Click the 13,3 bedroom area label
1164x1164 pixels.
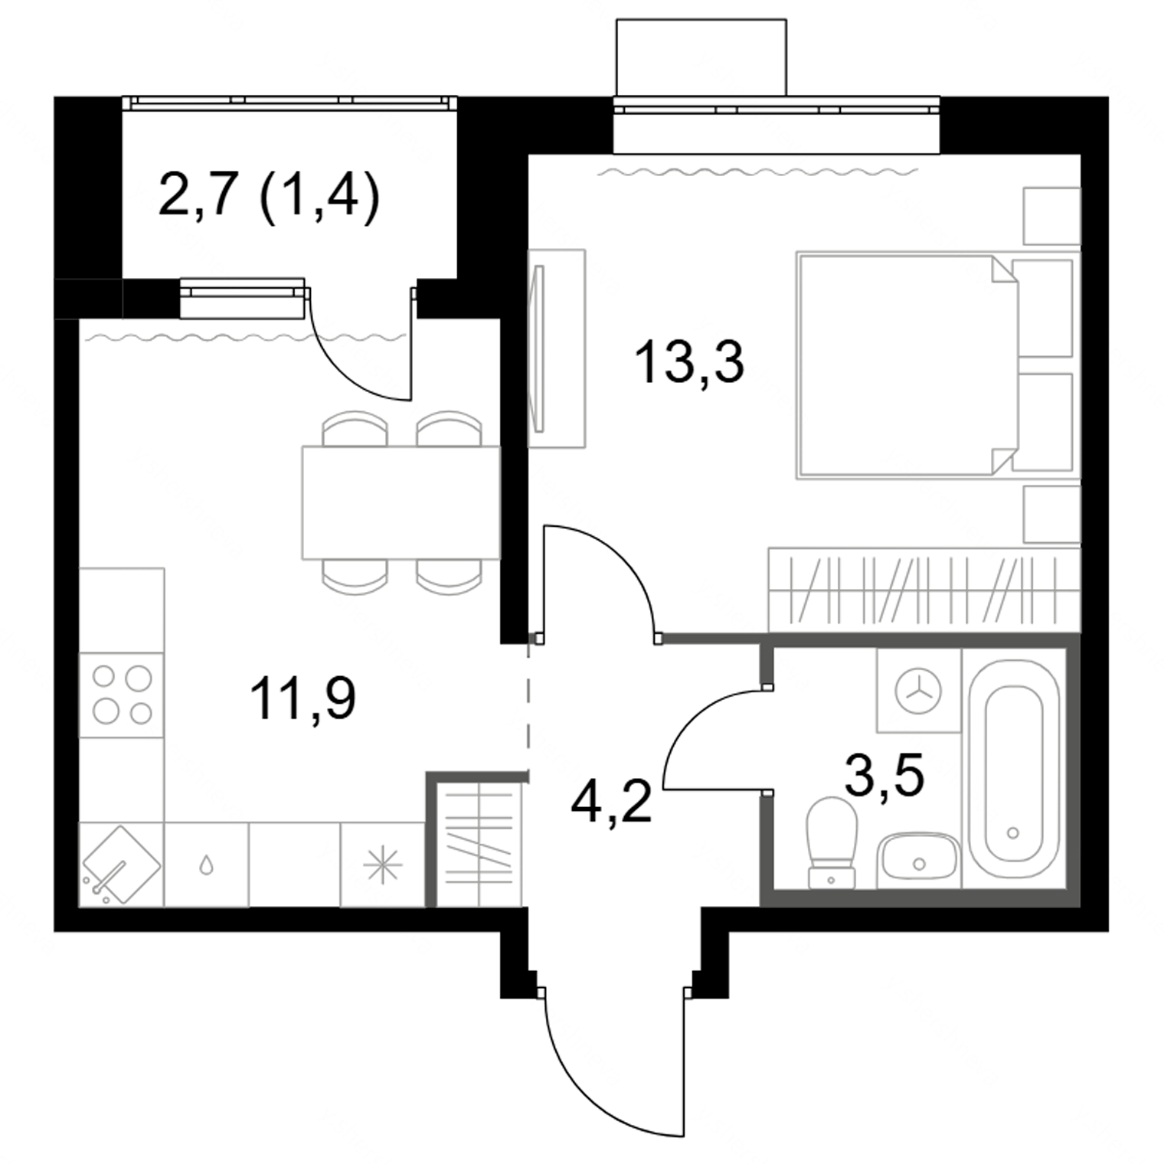(689, 362)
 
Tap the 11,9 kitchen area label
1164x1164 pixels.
(303, 699)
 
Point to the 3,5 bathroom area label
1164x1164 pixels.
(884, 775)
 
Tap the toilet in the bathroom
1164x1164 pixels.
(832, 842)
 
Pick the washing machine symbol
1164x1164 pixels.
(918, 690)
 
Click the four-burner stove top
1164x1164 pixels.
(122, 695)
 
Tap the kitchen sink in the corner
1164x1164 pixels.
(121, 865)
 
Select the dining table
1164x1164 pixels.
(401, 502)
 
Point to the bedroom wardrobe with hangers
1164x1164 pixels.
(924, 590)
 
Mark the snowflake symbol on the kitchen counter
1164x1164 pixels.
(382, 866)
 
